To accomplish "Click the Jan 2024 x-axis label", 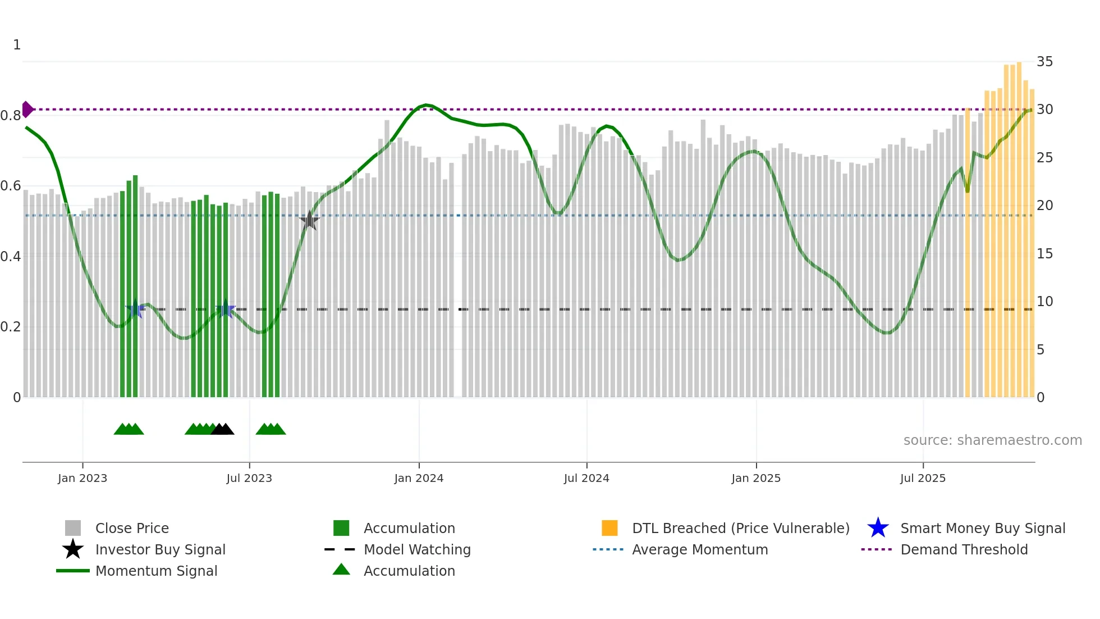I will point(419,478).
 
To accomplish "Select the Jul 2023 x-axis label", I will point(249,478).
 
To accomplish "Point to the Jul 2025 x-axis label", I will point(923,478).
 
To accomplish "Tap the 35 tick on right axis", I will point(1044,62).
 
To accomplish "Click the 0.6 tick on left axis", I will point(11,186).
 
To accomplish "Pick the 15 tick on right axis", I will point(1044,254).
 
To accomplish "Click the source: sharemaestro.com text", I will point(992,440).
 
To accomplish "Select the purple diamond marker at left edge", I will point(27,109).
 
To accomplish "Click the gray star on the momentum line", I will point(309,221).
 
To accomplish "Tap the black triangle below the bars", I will point(223,429).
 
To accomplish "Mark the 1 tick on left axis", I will point(17,45).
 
